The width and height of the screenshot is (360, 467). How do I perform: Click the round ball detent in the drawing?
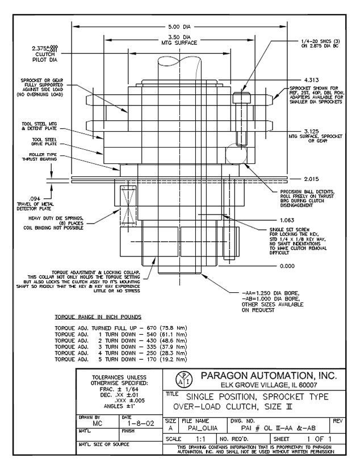[235, 154]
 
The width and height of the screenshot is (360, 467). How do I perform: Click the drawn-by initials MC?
[95, 423]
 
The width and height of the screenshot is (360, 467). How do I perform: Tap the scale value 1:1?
[200, 439]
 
